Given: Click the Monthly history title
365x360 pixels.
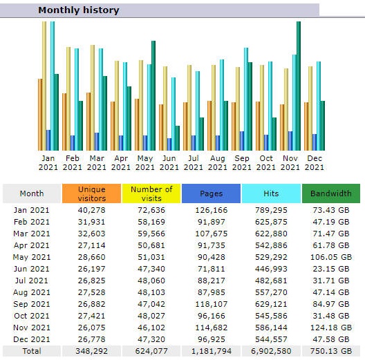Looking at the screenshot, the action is click(x=78, y=10).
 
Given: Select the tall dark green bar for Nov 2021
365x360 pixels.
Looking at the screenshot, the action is click(x=299, y=86).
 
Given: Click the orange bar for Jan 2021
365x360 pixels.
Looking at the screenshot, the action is click(x=40, y=115).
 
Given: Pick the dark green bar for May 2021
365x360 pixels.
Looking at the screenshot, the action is click(x=153, y=95).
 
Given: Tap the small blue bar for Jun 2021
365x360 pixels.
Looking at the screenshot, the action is click(x=169, y=144).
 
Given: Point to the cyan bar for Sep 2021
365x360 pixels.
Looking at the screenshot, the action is click(x=246, y=99).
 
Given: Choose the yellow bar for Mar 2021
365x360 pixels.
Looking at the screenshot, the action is click(x=93, y=97).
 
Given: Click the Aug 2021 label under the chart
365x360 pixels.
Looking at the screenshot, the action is click(x=218, y=162).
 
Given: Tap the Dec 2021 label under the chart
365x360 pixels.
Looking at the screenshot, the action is click(x=315, y=162).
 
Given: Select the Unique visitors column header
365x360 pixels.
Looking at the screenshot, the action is click(x=91, y=193).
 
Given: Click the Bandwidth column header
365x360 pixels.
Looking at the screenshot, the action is click(x=330, y=193).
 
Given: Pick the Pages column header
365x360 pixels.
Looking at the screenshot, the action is click(x=211, y=193).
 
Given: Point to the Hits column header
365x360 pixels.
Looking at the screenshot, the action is click(x=271, y=193).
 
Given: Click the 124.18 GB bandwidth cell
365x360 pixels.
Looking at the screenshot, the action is click(x=330, y=328).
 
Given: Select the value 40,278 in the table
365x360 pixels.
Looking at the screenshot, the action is click(x=91, y=210).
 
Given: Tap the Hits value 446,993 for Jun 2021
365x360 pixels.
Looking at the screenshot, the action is click(x=271, y=269).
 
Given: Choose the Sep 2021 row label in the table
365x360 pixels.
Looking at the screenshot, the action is click(x=31, y=304).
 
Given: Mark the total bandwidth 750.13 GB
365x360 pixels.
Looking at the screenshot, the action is click(x=330, y=351).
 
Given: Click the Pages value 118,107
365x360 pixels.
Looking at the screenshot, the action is click(x=211, y=304).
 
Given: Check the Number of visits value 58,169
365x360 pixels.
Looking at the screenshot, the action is click(x=151, y=222).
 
